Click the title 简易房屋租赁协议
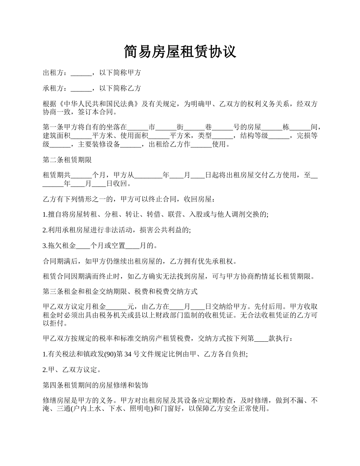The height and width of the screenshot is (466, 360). [180, 52]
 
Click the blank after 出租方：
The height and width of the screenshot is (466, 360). [81, 73]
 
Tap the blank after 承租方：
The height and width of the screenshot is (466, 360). [81, 89]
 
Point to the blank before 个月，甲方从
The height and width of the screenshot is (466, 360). [81, 175]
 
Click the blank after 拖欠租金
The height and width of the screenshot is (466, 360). [83, 246]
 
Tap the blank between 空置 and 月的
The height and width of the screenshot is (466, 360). [132, 246]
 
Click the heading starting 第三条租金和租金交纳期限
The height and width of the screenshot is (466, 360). [120, 292]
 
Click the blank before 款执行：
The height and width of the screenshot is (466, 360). [261, 339]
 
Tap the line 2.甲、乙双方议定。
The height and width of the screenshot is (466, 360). [72, 370]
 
